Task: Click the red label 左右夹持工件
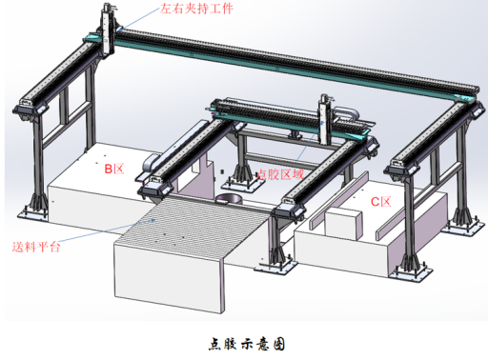coord(195,12)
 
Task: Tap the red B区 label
coord(114,169)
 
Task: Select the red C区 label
coord(380,202)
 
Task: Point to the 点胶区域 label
coord(281,174)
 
